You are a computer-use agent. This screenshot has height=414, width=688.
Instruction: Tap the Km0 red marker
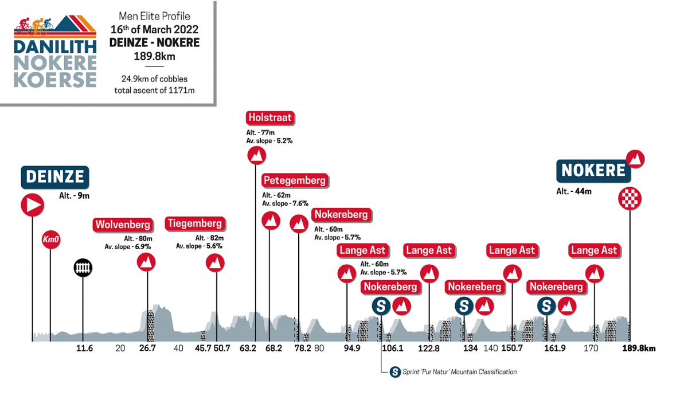click(50, 239)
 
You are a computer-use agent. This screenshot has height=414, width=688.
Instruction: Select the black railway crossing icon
click(83, 268)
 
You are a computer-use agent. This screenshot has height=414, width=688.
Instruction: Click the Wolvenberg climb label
click(123, 224)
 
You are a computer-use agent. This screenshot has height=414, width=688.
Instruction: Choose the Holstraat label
click(270, 118)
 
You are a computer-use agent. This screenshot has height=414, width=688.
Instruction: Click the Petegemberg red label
click(295, 180)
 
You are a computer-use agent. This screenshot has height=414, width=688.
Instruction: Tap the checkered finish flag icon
click(630, 199)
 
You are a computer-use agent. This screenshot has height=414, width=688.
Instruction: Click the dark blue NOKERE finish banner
click(593, 171)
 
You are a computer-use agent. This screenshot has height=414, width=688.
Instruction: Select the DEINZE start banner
click(56, 177)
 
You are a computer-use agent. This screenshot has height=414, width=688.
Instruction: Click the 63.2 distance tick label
click(248, 348)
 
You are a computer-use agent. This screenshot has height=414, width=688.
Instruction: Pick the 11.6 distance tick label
click(84, 348)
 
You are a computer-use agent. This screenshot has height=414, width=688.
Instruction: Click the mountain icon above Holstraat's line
click(256, 155)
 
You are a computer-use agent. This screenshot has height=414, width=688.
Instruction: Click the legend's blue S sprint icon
click(394, 372)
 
